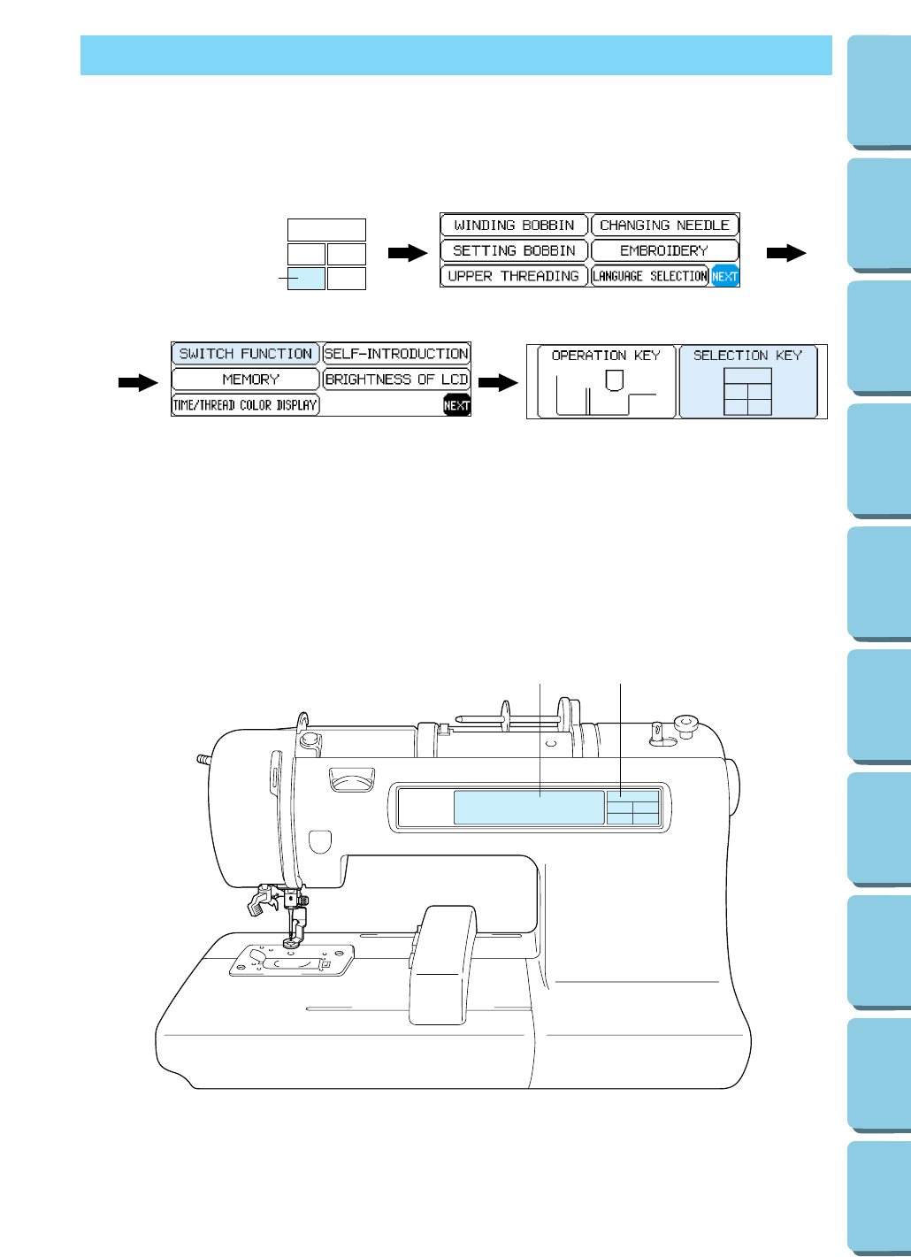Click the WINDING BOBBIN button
514,226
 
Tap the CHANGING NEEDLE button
664,226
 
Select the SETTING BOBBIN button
514,251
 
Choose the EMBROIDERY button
664,251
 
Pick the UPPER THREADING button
514,276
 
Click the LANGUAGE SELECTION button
650,276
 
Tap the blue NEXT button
725,276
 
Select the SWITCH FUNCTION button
245,354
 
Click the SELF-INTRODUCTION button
396,354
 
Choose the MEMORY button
245,379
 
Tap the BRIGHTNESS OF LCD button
396,379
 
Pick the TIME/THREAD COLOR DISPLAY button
245,405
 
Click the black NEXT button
456,405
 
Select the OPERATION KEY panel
606,381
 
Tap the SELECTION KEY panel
747,381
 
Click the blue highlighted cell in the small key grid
306,279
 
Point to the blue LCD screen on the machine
529,808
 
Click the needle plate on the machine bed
293,960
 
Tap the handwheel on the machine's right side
733,787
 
